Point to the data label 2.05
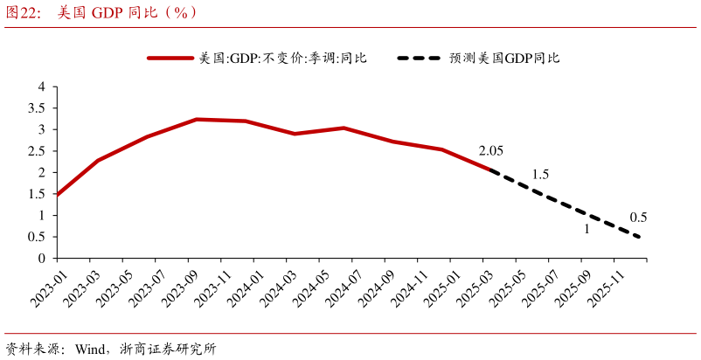click(491, 151)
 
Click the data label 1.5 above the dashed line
click(540, 175)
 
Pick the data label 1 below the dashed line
click(586, 230)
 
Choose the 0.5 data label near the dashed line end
click(638, 218)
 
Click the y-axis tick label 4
click(41, 87)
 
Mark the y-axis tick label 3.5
click(37, 108)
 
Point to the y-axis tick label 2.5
click(37, 151)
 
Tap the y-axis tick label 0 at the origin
click(41, 259)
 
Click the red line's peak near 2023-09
click(197, 119)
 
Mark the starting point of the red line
click(57, 195)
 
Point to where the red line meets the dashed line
click(495, 171)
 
